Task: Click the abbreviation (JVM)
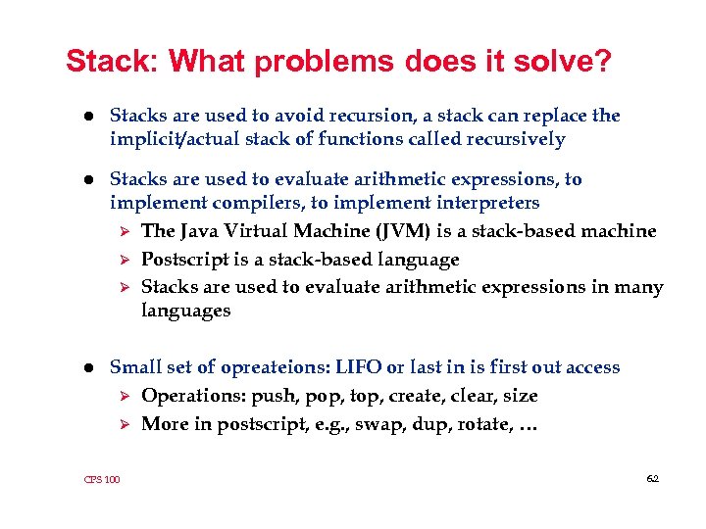coord(386,231)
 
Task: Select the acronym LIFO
coord(359,367)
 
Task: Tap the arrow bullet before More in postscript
coord(124,424)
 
